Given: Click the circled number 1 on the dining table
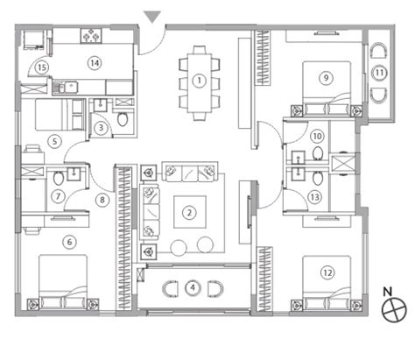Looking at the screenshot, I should click(200, 81).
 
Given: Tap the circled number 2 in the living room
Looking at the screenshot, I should click(187, 211).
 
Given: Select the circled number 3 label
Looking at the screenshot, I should click(102, 128).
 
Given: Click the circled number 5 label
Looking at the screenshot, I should click(54, 139).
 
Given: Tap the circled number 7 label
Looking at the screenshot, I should click(58, 195).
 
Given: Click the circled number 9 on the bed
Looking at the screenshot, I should click(325, 77).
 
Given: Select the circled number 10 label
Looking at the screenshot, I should click(316, 136).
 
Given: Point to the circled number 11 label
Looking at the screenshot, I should click(378, 74).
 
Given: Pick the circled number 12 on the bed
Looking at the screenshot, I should click(326, 272).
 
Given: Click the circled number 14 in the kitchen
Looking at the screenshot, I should click(93, 61).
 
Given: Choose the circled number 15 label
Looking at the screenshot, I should click(41, 67).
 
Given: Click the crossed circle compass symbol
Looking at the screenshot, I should click(397, 308).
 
